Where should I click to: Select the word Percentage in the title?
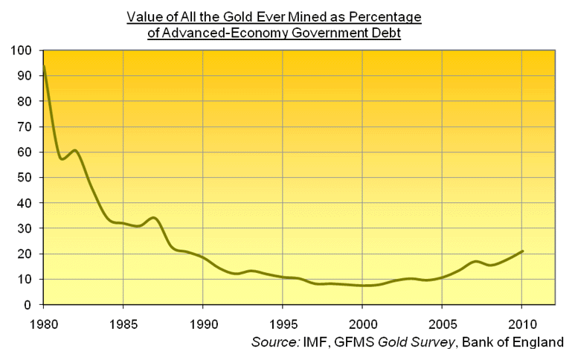coord(391,16)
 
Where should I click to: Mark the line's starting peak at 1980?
coord(45,67)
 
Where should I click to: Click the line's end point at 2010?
coord(522,251)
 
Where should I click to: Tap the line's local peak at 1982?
coord(74,151)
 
